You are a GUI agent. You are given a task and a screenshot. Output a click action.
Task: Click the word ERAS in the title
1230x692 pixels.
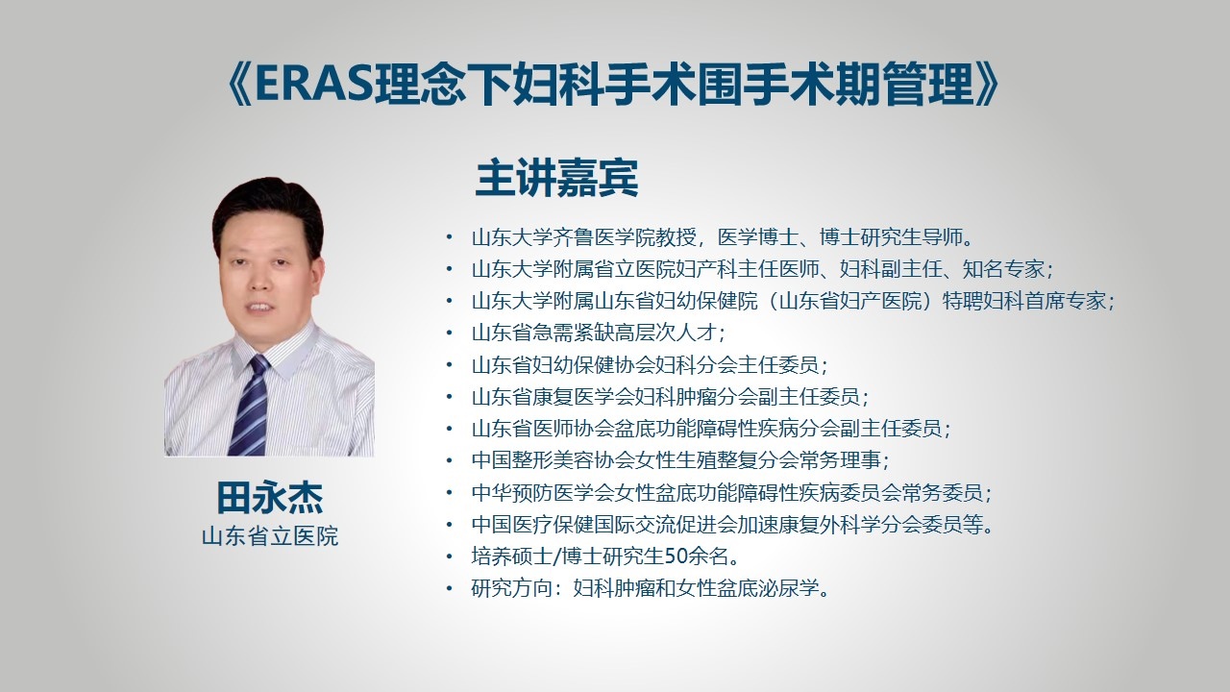[314, 86]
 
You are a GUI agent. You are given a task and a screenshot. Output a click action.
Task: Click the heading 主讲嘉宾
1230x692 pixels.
[556, 178]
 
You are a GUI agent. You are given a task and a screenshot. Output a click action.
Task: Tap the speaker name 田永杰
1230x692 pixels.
[270, 498]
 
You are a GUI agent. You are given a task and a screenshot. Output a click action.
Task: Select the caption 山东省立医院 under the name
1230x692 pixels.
[270, 536]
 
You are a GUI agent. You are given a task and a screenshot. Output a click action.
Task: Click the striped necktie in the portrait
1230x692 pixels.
[249, 406]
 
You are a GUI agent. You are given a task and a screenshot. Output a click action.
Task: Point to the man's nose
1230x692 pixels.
[262, 283]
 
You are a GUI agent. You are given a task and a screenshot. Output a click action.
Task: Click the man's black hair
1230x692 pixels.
[268, 211]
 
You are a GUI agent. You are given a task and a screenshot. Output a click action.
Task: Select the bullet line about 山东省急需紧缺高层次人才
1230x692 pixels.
[599, 333]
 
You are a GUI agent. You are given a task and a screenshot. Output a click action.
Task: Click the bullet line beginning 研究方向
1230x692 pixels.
[651, 589]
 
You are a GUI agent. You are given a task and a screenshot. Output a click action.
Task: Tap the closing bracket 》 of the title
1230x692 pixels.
[988, 86]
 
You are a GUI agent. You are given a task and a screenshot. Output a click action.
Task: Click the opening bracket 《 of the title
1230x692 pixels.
[239, 86]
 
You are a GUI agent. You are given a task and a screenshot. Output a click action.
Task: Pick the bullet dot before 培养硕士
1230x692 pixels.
[450, 556]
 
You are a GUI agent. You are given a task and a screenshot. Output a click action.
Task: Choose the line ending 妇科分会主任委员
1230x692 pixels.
[650, 364]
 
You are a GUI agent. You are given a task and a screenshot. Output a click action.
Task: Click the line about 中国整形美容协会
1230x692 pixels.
[679, 460]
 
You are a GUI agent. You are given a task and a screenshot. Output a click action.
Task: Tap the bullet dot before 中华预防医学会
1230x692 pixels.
[450, 493]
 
